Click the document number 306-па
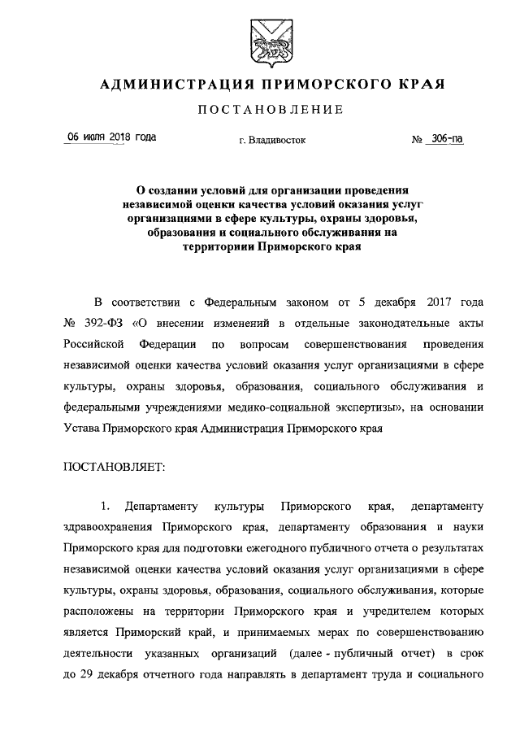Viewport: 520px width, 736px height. (448, 139)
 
